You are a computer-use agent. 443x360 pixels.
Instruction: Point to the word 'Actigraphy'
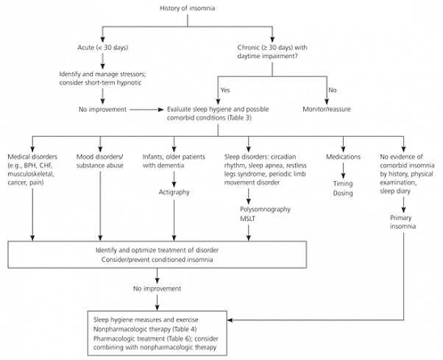(x=174, y=192)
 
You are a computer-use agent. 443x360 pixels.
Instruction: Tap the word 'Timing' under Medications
(x=342, y=183)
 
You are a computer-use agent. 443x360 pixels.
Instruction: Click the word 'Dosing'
(x=342, y=193)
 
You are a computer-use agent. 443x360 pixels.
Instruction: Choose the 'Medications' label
(x=342, y=158)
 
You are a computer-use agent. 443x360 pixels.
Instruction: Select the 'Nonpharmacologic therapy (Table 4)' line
(x=144, y=329)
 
